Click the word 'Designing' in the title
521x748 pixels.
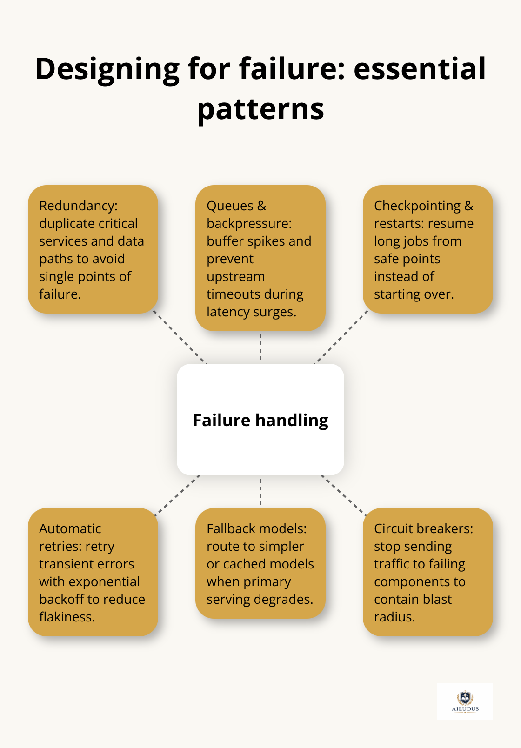[x=107, y=69]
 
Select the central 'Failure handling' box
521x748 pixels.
[x=260, y=420]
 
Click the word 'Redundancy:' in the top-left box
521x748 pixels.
[x=78, y=206]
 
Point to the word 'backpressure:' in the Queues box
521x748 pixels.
[x=249, y=223]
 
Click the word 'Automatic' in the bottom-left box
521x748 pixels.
[x=70, y=528]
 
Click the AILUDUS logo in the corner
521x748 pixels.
[x=465, y=701]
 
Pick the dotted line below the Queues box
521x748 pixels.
[x=260, y=347]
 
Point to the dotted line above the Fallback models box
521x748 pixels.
[x=260, y=492]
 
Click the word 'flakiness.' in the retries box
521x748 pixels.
[x=67, y=617]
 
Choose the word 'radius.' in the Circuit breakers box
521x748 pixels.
[x=394, y=617]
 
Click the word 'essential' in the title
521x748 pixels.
[x=420, y=69]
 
